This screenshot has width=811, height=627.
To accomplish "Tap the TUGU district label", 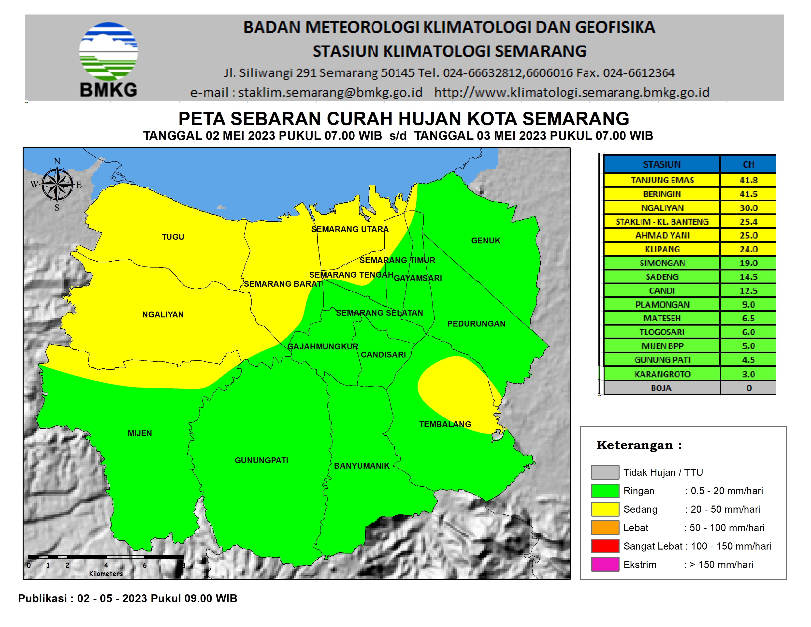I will pos(173,237).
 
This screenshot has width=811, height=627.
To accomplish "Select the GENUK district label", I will pos(485,241).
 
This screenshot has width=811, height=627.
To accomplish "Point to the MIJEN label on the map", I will pos(140,433).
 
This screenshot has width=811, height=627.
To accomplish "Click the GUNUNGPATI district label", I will pos(261,461).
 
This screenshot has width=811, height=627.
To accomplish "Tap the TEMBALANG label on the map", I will pos(445,424).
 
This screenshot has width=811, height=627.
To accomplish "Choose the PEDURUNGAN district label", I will pos(476,324).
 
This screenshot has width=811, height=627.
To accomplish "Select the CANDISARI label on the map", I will pos(383,355).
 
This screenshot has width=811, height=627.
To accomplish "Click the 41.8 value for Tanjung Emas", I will pos(748,180).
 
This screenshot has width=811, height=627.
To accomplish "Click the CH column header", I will pos(748,164).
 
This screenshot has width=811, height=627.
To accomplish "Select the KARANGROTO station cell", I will pos(662,374).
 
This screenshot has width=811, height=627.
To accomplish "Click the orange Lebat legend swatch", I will pos(605,527).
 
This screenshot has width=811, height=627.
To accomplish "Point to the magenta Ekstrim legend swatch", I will pos(605,564).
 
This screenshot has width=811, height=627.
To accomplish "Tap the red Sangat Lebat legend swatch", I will pos(605,546).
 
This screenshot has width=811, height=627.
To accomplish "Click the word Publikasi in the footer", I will pos(42,598).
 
